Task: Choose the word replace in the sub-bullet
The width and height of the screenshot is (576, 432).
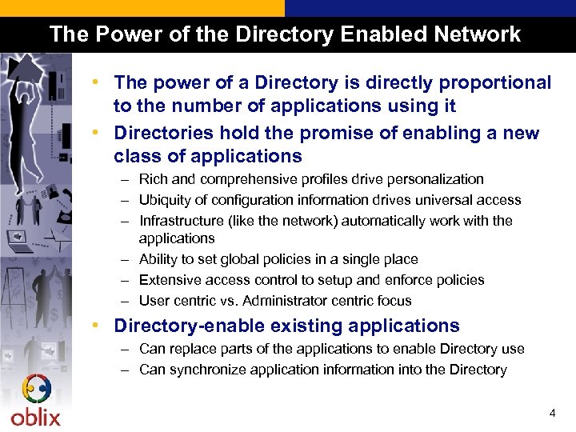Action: (190, 349)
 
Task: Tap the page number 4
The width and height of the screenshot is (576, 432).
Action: (552, 414)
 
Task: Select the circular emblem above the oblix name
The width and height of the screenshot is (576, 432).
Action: (35, 390)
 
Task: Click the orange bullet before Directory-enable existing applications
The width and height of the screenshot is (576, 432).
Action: (95, 326)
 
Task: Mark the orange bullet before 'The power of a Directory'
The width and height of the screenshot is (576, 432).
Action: (95, 82)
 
